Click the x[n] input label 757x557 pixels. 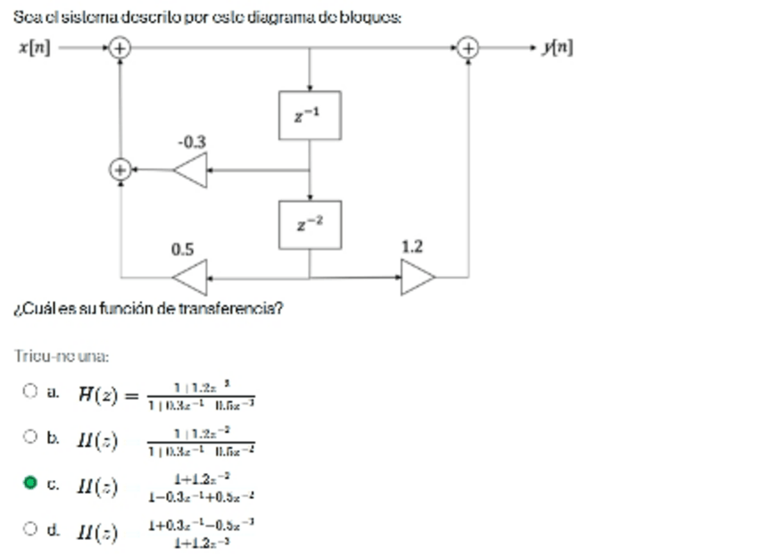pos(34,47)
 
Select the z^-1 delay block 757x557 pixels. pos(309,115)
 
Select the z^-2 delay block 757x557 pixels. pos(309,224)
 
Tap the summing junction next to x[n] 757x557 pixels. pos(120,47)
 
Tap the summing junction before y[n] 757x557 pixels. pos(468,47)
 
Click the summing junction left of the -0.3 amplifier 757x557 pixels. pos(120,169)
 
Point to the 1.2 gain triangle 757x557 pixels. pos(416,278)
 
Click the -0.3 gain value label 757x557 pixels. pos(190,142)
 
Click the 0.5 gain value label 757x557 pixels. pos(182,249)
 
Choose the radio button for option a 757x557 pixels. pos(29,390)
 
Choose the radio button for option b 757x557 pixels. pos(29,436)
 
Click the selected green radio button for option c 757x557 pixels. pos(29,483)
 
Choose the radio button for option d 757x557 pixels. pos(29,529)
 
